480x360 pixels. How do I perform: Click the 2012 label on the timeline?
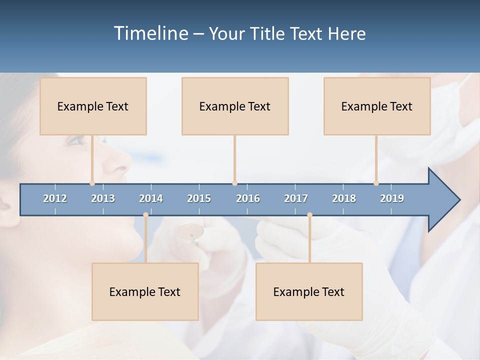pyautogui.click(x=55, y=198)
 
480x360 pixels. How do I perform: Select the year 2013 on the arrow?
pyautogui.click(x=103, y=198)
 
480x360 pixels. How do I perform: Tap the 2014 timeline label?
pyautogui.click(x=151, y=198)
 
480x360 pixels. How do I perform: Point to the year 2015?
pyautogui.click(x=199, y=198)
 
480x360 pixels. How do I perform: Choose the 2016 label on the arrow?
pyautogui.click(x=248, y=198)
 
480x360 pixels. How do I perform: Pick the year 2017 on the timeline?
pyautogui.click(x=296, y=198)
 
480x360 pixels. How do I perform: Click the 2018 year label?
pyautogui.click(x=344, y=198)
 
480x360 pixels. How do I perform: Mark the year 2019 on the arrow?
pyautogui.click(x=392, y=198)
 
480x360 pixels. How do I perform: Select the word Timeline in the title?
pyautogui.click(x=150, y=33)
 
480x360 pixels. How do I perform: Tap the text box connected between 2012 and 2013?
pyautogui.click(x=93, y=106)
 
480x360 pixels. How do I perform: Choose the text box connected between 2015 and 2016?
pyautogui.click(x=235, y=106)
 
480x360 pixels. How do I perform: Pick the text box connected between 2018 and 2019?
pyautogui.click(x=377, y=106)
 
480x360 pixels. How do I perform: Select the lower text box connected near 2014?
pyautogui.click(x=145, y=291)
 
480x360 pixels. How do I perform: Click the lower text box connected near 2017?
pyautogui.click(x=309, y=291)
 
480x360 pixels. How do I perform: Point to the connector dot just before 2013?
pyautogui.click(x=92, y=183)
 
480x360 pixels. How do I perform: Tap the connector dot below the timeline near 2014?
pyautogui.click(x=145, y=214)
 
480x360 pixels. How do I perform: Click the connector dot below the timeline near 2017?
pyautogui.click(x=309, y=214)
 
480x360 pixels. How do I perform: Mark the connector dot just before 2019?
pyautogui.click(x=376, y=183)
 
